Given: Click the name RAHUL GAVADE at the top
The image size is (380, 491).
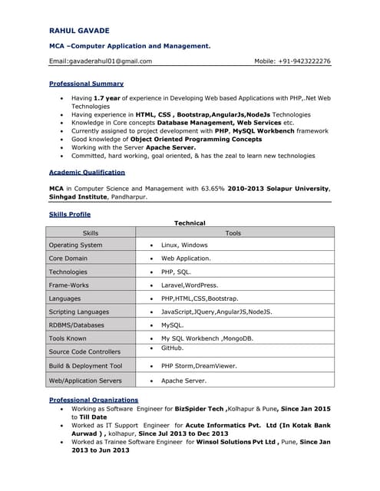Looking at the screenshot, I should point(79,30).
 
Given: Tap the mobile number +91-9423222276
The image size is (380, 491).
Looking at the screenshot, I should point(302,61).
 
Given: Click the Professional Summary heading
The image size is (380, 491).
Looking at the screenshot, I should point(86,84).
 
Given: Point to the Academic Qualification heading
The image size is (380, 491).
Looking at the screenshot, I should point(87,173).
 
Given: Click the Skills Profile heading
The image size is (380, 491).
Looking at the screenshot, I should point(70,214).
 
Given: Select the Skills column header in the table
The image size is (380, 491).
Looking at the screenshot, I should point(91,232).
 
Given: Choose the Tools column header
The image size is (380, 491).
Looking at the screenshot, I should point(233,232).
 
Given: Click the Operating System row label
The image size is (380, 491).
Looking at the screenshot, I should point(75,245).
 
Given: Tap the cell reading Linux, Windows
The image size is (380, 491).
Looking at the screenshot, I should point(184,245).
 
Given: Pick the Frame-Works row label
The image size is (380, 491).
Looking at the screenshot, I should point(68,285).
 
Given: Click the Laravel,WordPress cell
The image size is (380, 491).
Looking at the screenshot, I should point(190,285).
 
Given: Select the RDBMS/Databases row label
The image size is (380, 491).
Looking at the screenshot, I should point(76,325).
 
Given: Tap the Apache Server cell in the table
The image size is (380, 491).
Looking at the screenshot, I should point(183,381).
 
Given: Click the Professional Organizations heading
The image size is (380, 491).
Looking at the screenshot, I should point(94,400).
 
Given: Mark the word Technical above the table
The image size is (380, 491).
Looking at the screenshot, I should point(190,223).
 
